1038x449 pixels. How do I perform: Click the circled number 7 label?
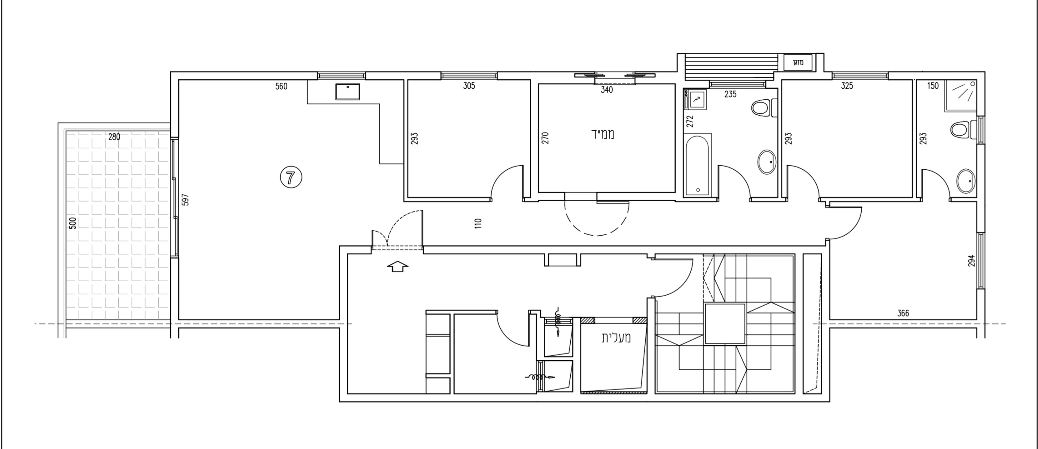click(x=291, y=177)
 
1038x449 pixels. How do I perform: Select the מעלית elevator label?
click(x=616, y=338)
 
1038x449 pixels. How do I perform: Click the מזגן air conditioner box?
click(x=797, y=63)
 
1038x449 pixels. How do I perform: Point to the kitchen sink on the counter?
click(x=347, y=92)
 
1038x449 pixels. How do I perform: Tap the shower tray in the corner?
click(x=960, y=96)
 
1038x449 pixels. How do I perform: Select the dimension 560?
click(x=281, y=86)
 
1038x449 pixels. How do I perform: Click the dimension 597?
click(x=186, y=199)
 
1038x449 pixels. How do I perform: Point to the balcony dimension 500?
click(x=73, y=223)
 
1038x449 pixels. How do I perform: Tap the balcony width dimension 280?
click(x=114, y=137)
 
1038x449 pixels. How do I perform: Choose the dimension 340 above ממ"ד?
click(x=607, y=90)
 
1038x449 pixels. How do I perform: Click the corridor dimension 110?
click(x=478, y=223)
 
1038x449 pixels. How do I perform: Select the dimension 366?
click(x=903, y=313)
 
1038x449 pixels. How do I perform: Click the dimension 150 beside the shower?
click(x=933, y=86)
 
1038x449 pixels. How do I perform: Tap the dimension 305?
click(x=469, y=86)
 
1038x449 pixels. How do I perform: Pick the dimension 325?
click(x=847, y=86)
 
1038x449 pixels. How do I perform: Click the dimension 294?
click(x=971, y=261)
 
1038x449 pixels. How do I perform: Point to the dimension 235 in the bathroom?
click(x=730, y=94)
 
